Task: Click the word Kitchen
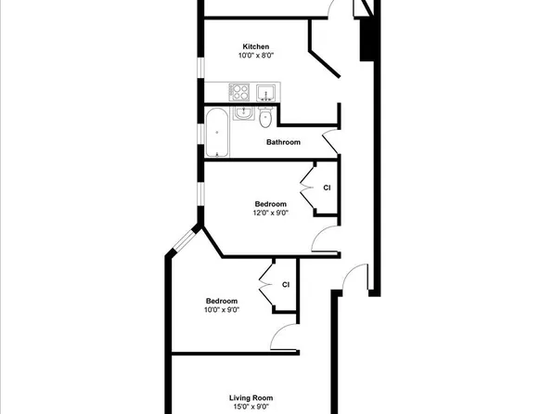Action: point(256,46)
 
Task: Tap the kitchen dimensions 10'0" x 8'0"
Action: point(256,56)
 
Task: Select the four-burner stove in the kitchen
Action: point(239,91)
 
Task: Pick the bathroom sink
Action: point(244,112)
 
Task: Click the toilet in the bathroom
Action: point(266,117)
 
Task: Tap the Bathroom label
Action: point(283,142)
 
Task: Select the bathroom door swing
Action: point(329,141)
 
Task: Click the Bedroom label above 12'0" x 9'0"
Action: point(271,203)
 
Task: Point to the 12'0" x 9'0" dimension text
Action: point(271,213)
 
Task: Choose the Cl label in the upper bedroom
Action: point(327,188)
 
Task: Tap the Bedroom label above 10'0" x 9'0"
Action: point(222,301)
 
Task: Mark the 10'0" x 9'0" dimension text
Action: point(222,310)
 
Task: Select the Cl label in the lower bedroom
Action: point(286,284)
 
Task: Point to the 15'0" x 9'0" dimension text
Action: point(250,407)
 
